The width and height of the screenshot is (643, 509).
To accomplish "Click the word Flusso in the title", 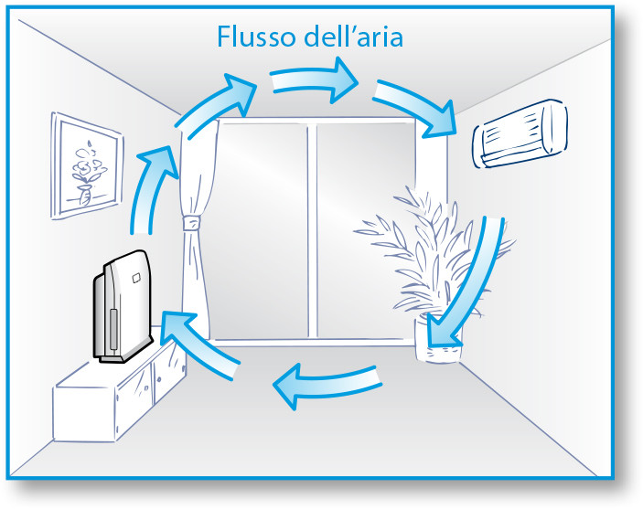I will coord(256,37).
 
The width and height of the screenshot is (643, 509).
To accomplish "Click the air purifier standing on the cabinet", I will coord(121,307).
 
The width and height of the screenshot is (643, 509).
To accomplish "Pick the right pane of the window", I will coord(366,210).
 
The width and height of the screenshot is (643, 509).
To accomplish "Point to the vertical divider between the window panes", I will coord(311,228).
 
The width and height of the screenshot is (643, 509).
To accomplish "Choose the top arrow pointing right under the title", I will coord(316,80).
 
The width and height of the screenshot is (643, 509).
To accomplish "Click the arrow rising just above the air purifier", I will coord(146,196).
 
